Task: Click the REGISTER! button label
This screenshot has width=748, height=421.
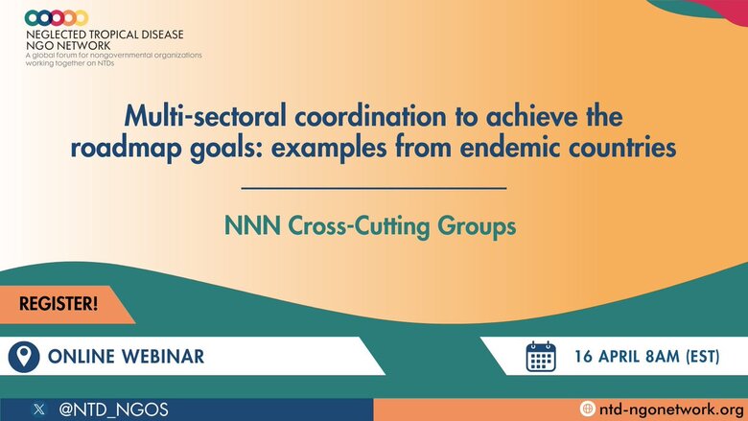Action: [x=58, y=304]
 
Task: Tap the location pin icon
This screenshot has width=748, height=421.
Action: [x=24, y=357]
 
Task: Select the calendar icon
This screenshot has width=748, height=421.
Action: [x=541, y=357]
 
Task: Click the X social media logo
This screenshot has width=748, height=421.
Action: [x=39, y=409]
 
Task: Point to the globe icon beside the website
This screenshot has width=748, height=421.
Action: [x=587, y=409]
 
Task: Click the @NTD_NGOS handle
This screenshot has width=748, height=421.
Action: [x=113, y=409]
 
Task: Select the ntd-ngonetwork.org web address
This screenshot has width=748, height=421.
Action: [x=671, y=409]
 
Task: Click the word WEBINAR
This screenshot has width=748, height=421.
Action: [x=163, y=357]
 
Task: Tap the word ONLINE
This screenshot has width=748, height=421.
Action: [x=82, y=357]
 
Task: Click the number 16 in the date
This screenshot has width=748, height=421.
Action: [x=583, y=357]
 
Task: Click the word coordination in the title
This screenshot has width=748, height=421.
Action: [x=371, y=116]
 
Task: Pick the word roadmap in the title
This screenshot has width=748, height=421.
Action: [x=126, y=148]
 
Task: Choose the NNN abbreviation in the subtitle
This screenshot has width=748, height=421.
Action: [x=252, y=225]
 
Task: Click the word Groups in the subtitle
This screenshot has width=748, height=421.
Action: [x=477, y=226]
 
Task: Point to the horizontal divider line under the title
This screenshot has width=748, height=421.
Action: [x=374, y=188]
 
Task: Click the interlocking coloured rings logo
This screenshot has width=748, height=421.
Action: [x=57, y=18]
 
